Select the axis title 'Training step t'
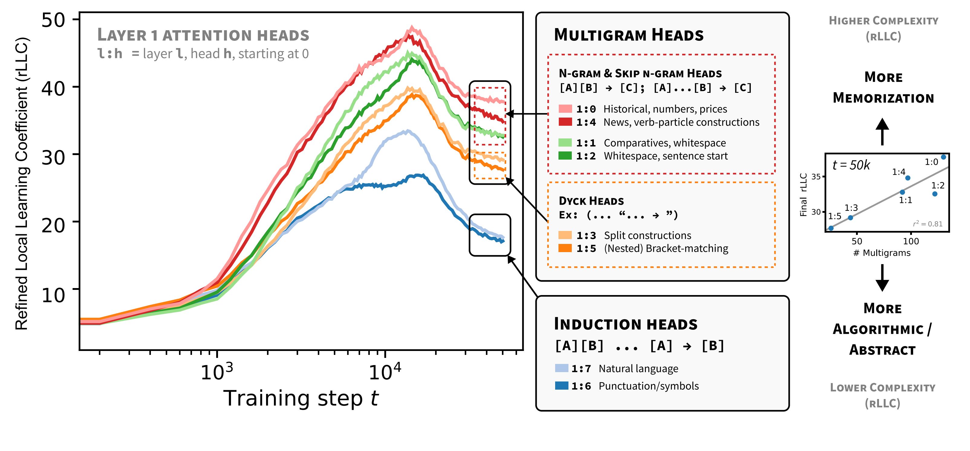[301, 398]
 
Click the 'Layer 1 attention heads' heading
[203, 35]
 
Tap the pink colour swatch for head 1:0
[565, 109]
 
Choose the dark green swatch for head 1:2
[565, 155]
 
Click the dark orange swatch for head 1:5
[565, 248]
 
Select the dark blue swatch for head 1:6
[561, 385]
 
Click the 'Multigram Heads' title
[628, 35]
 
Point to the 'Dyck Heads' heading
[591, 201]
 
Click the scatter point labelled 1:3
[850, 218]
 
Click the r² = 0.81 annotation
[927, 224]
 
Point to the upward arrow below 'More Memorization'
[882, 131]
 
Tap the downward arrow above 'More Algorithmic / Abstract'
[882, 278]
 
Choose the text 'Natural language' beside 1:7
[638, 368]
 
